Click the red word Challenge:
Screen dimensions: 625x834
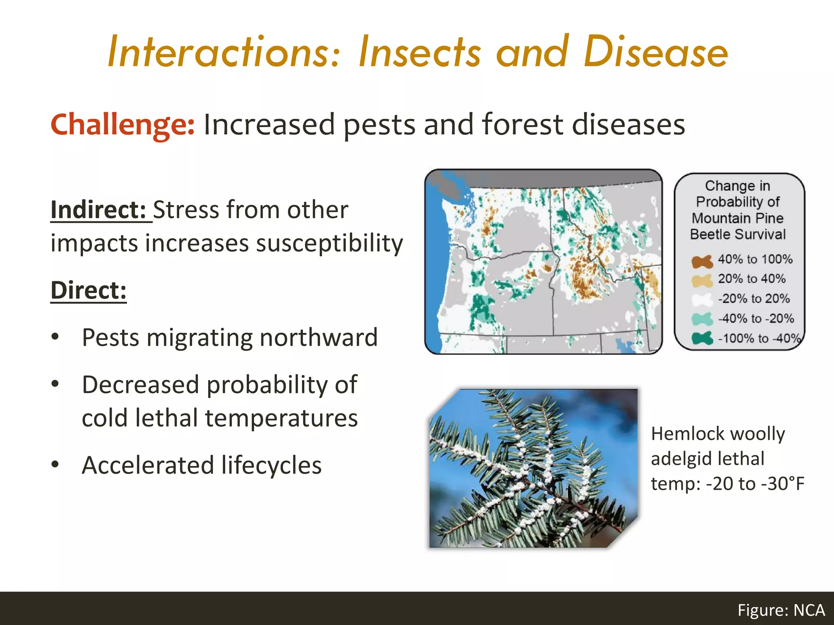(123, 125)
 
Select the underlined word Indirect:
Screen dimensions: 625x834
(98, 210)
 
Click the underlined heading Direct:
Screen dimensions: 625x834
(88, 291)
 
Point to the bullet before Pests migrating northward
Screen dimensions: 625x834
(55, 337)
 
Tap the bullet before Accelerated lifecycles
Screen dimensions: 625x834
(55, 464)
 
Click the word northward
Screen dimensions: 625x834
(318, 338)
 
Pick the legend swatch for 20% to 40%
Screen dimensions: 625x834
(702, 280)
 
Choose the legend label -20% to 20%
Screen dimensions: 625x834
(753, 299)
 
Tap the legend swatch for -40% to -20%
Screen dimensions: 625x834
(702, 319)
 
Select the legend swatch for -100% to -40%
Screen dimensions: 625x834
(702, 338)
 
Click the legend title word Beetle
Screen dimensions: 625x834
(711, 234)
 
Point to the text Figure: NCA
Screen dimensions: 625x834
(781, 610)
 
